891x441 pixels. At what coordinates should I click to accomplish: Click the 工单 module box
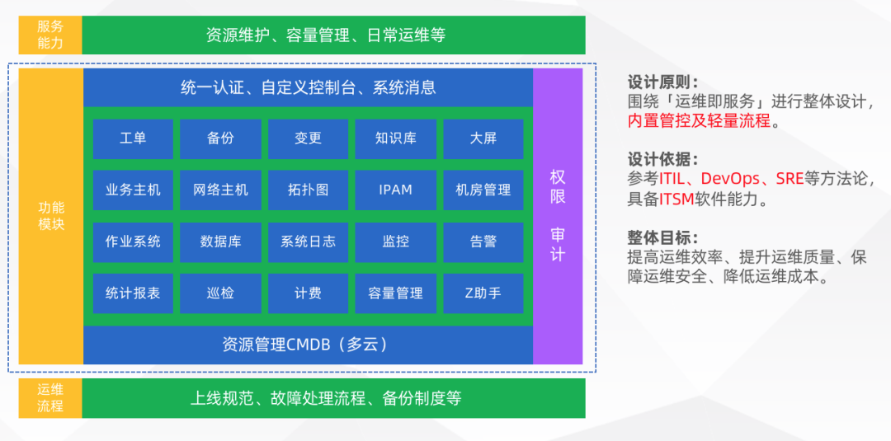(133, 138)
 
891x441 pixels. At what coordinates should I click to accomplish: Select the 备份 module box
(220, 138)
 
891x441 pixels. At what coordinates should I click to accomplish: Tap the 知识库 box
(396, 138)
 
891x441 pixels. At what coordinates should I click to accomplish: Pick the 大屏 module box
(483, 138)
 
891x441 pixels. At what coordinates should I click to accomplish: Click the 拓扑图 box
(308, 190)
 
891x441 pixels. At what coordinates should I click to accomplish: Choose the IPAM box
(396, 190)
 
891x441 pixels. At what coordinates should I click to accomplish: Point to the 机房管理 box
(483, 190)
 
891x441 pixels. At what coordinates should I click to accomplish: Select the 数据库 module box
(220, 242)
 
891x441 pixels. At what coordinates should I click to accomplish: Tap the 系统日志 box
(308, 242)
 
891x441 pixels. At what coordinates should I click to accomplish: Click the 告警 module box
(483, 242)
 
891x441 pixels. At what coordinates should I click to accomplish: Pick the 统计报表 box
(133, 293)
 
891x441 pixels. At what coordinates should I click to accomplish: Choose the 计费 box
(308, 293)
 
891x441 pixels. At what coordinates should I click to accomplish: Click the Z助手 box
(483, 293)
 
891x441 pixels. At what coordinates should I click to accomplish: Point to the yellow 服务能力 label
(50, 35)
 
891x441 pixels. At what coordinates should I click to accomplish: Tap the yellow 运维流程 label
(50, 398)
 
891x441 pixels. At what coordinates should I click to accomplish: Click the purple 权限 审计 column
(558, 216)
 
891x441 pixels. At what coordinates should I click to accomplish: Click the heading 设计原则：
(662, 82)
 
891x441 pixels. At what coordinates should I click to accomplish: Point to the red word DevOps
(728, 179)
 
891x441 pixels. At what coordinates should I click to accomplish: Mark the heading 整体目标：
(662, 237)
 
